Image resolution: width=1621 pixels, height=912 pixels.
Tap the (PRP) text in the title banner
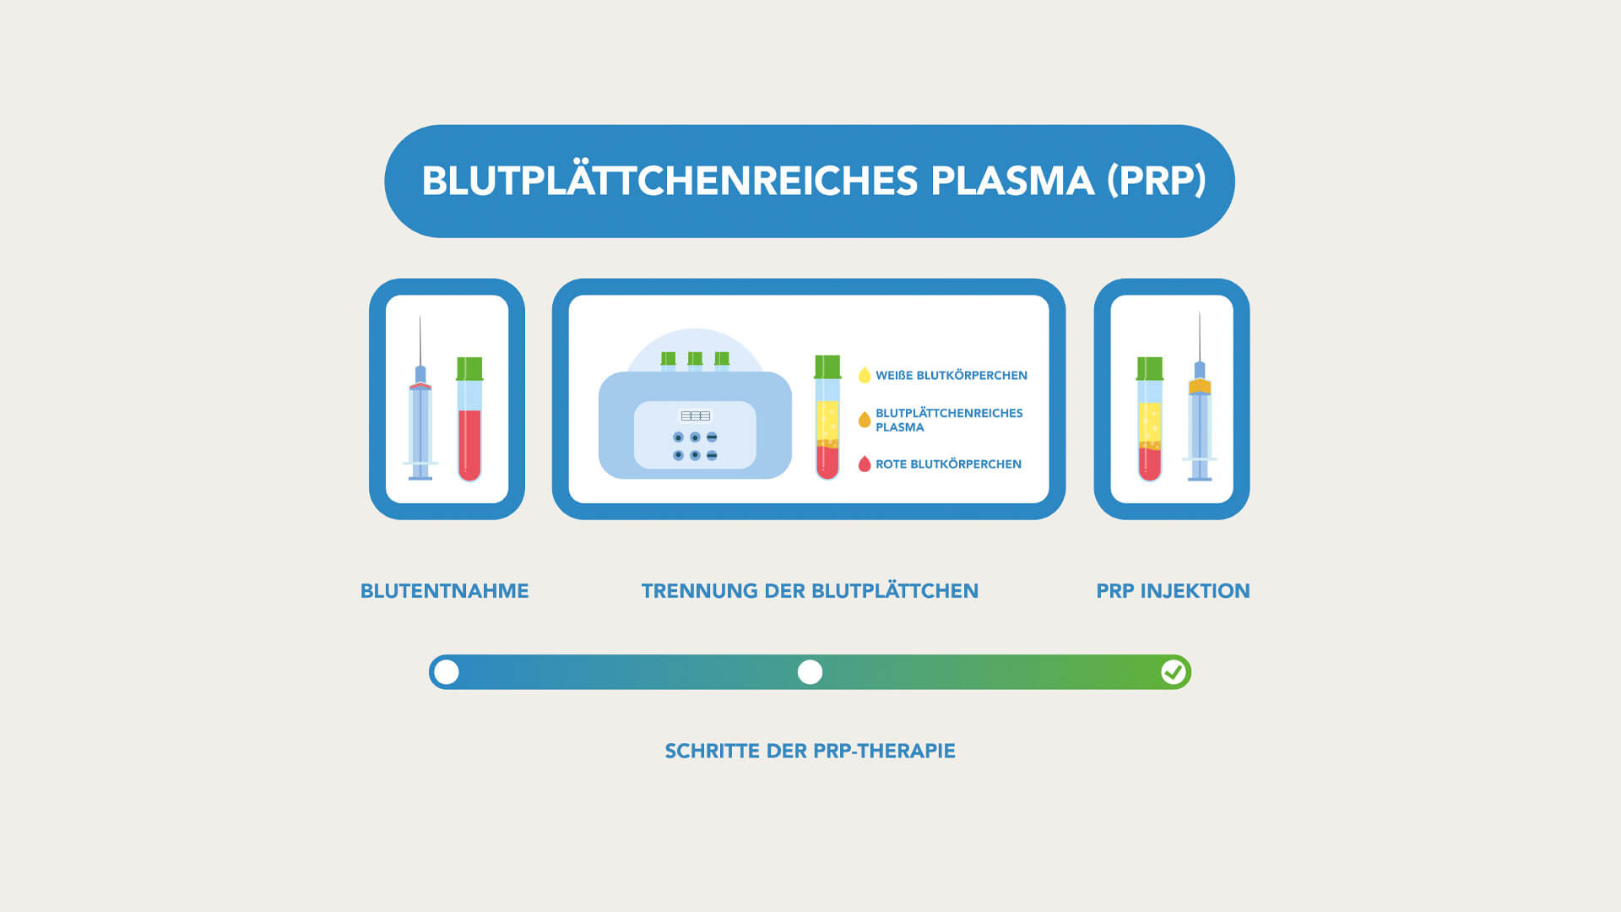tap(1156, 181)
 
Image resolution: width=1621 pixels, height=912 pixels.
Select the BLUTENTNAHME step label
tap(444, 591)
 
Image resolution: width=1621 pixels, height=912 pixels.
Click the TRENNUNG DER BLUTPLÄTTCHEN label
tap(810, 591)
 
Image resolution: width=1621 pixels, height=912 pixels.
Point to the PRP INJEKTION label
tap(1173, 591)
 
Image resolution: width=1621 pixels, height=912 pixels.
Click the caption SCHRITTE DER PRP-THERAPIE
tap(810, 751)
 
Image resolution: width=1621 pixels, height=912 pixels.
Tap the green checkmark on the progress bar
tap(1173, 672)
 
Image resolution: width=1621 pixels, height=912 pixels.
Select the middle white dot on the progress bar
tap(810, 672)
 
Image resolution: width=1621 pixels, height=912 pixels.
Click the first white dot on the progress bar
tap(447, 672)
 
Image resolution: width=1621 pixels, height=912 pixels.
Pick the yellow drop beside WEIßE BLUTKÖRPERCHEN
tap(864, 376)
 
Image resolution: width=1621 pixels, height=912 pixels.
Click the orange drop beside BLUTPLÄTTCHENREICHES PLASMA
tap(864, 420)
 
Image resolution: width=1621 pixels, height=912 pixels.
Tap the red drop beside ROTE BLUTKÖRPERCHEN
tap(864, 464)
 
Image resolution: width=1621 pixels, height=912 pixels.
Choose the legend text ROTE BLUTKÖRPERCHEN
tap(948, 464)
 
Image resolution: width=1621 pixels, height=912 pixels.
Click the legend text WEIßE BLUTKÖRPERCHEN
tap(951, 376)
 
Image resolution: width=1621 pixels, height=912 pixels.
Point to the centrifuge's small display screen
tap(695, 415)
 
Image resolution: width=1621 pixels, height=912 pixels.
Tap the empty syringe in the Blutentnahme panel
tap(420, 414)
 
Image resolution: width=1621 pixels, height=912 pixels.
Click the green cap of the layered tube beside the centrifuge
tap(827, 366)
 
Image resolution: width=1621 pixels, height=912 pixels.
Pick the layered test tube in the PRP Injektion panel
tap(1149, 422)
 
